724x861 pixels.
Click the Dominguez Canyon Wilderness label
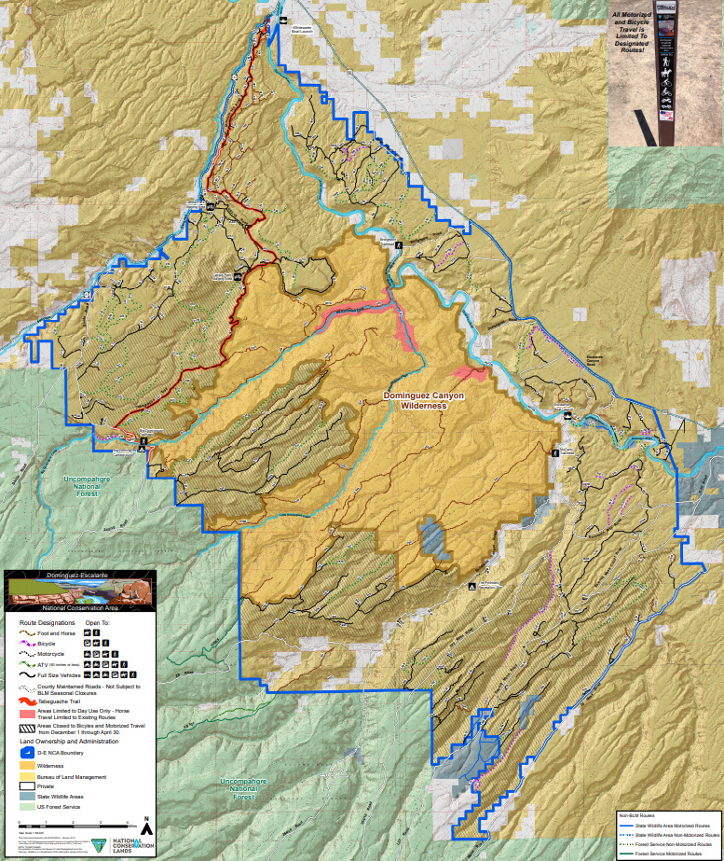coord(423,400)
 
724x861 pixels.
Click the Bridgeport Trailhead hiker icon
coord(399,244)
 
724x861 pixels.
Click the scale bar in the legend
coord(75,825)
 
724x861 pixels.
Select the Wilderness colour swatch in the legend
coord(28,763)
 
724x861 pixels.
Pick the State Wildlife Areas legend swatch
coord(28,796)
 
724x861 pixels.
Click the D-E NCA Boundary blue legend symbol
coord(28,752)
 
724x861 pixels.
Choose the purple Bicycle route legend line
coord(28,643)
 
